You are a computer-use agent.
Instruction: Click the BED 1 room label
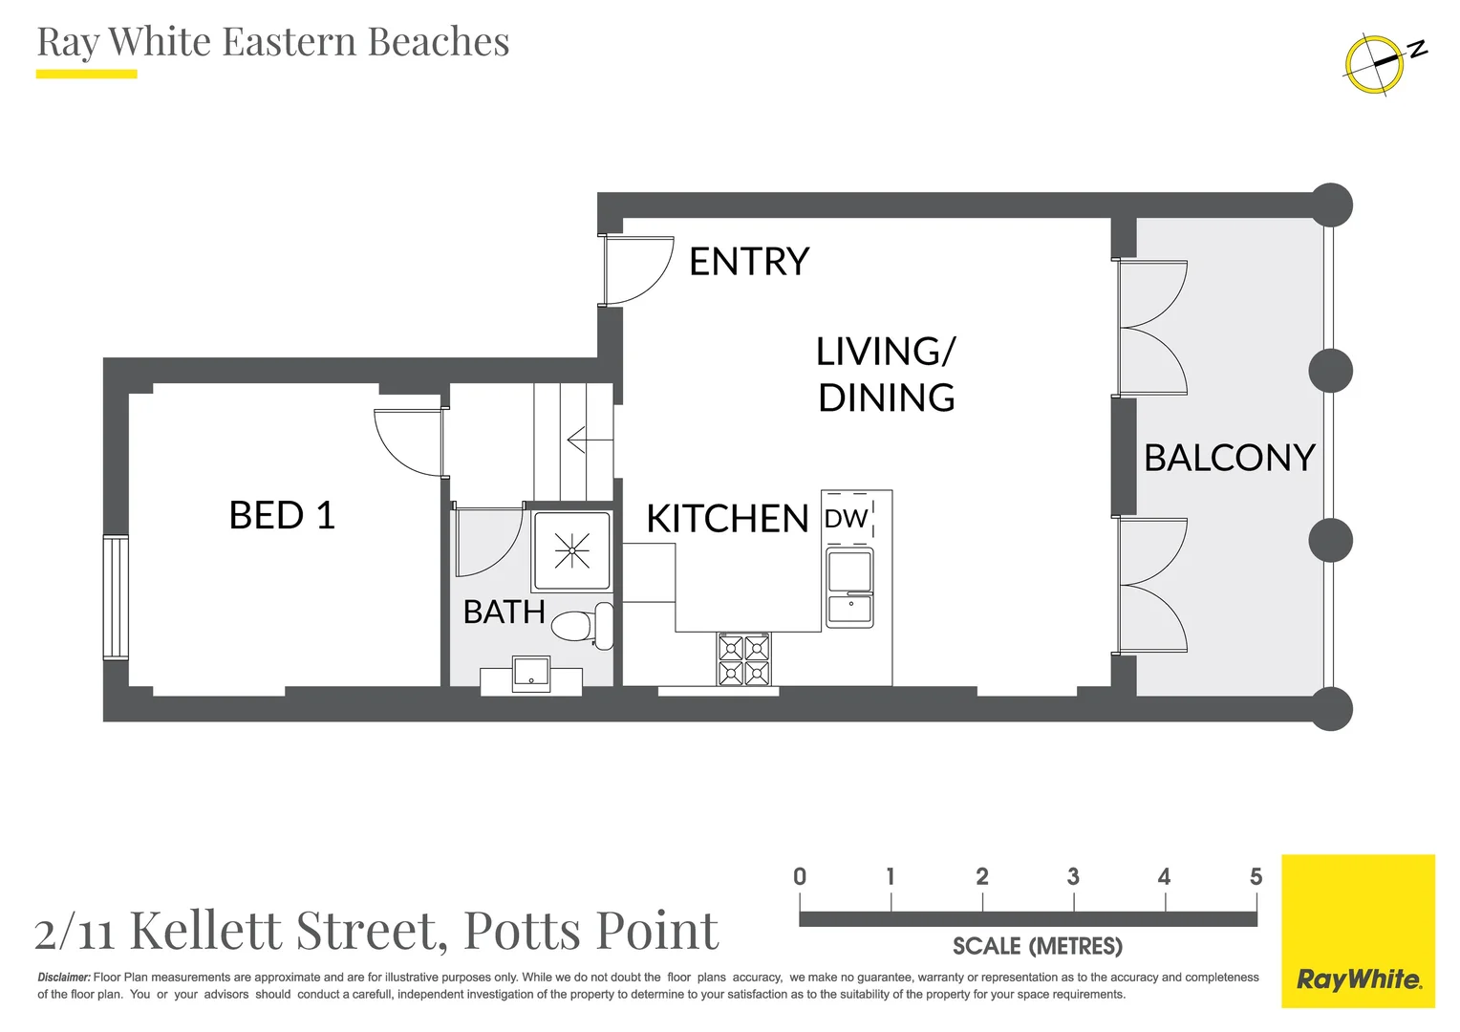282,516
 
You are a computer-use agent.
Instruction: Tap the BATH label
504,612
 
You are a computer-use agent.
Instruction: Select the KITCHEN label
727,519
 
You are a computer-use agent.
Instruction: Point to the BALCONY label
1229,458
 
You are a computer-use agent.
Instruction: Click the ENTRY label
749,262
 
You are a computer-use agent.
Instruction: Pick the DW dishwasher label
846,519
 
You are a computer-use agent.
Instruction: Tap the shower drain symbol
571,550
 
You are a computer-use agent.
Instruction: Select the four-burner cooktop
743,660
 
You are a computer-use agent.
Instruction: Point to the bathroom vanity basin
531,673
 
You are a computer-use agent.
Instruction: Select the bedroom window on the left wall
116,597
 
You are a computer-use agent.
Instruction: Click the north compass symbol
1380,63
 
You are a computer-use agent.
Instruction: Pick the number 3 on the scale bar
1073,876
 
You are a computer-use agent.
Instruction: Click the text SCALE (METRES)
1037,946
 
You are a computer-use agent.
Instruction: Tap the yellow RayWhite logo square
1358,931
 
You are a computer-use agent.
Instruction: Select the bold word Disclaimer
64,978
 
